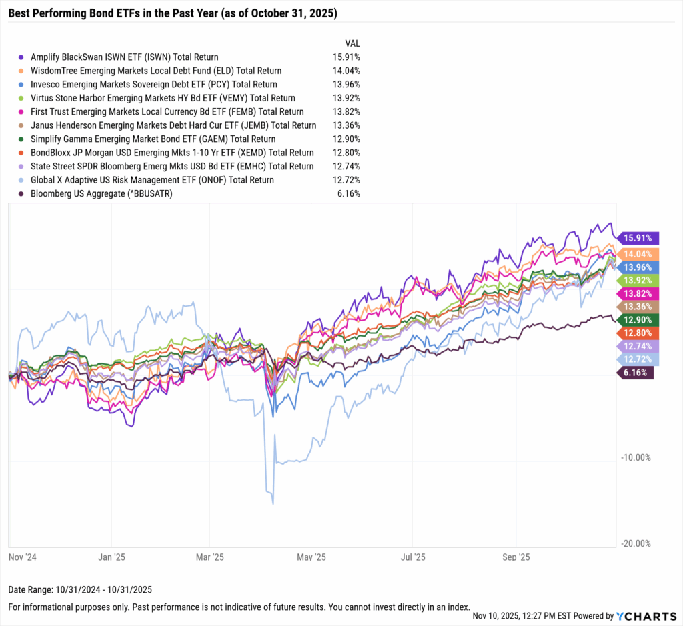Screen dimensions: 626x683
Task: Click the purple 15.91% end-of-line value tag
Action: click(x=638, y=237)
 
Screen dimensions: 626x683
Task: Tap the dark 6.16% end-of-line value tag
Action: click(x=635, y=373)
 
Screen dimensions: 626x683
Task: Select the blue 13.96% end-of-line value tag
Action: click(x=638, y=267)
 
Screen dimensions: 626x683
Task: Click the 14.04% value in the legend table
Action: click(x=345, y=71)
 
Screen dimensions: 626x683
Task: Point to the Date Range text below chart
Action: click(x=80, y=589)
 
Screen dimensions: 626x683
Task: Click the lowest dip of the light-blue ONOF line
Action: click(x=273, y=503)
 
